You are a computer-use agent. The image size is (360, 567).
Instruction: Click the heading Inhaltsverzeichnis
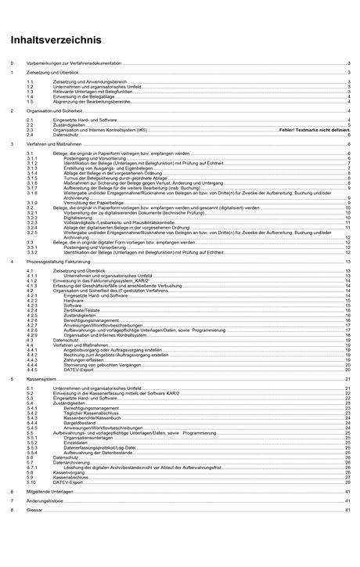56,39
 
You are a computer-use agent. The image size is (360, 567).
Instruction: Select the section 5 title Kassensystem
44,378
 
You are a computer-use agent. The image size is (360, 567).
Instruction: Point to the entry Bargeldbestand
81,424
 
